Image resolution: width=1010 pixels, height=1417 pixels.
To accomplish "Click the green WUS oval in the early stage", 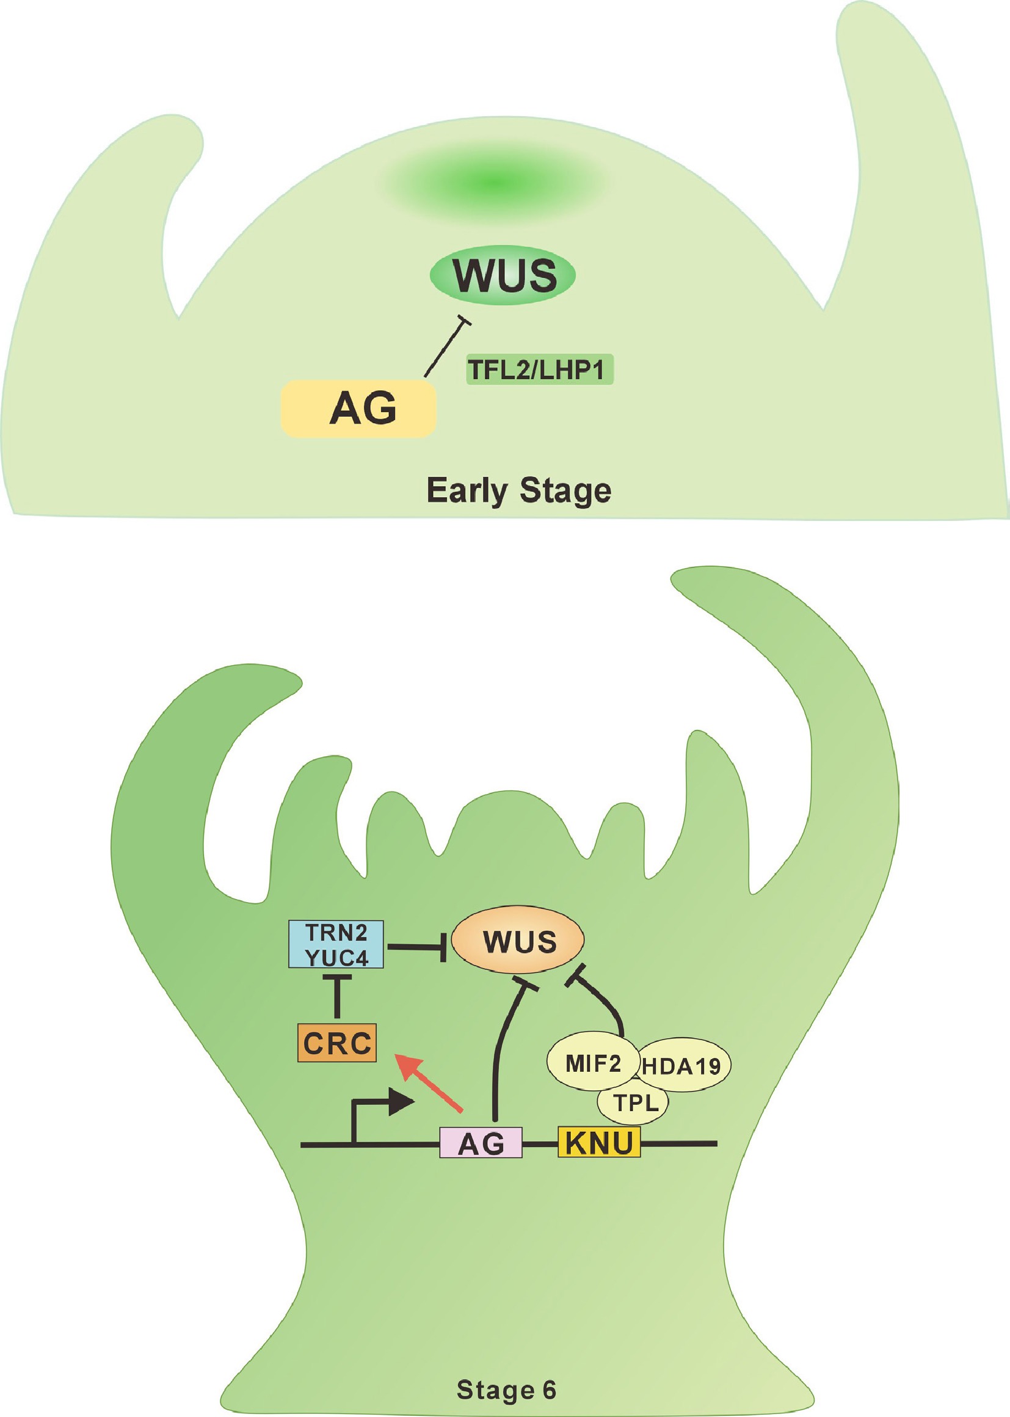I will (x=503, y=275).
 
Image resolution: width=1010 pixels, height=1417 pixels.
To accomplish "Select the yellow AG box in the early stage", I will (x=359, y=409).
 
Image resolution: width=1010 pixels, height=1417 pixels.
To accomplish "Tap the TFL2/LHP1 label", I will (x=539, y=370).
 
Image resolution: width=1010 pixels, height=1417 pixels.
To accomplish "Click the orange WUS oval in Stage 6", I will (x=517, y=941).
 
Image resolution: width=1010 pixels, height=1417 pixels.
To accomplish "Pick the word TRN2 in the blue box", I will (x=336, y=933).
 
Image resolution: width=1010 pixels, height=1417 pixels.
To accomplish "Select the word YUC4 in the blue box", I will (x=336, y=957).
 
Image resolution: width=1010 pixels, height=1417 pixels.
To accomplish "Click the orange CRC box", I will (x=337, y=1043).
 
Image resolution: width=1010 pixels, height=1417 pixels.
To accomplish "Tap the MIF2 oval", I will (x=593, y=1063).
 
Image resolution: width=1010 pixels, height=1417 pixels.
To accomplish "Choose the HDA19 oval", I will (x=682, y=1066).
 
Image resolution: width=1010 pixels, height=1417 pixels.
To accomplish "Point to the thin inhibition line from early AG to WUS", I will (x=445, y=349).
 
